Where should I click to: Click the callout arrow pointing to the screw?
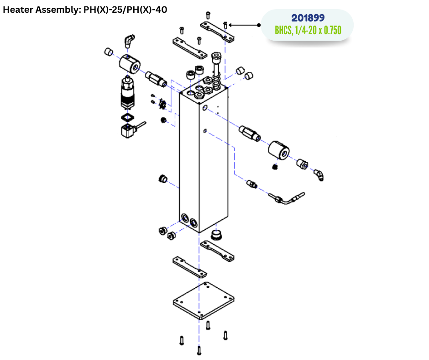(x=244, y=25)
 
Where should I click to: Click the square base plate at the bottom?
(x=204, y=301)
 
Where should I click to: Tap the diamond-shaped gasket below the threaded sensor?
(x=127, y=118)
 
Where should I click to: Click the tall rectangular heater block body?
(x=203, y=160)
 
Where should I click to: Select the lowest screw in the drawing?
(x=199, y=350)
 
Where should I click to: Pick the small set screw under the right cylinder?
(x=274, y=167)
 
